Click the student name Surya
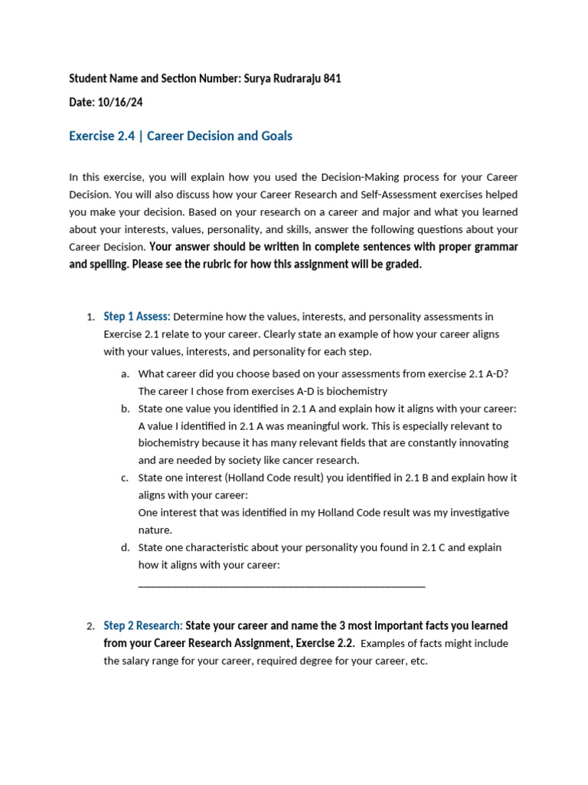(x=260, y=78)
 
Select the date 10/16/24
(x=116, y=102)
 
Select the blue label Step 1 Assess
(x=137, y=317)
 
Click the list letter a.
(x=125, y=374)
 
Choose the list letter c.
(x=125, y=478)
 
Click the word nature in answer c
(x=155, y=530)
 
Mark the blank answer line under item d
(x=281, y=585)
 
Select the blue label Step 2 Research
(x=143, y=626)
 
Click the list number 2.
(x=90, y=626)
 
